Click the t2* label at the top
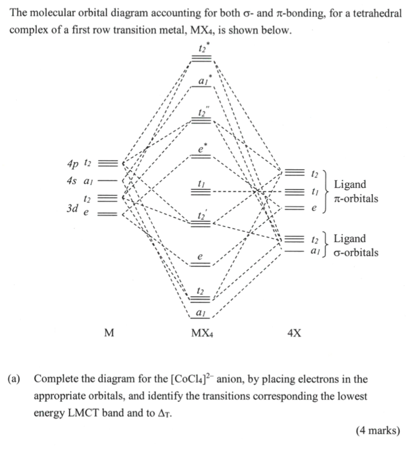[202, 47]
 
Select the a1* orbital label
[203, 80]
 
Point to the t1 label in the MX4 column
[201, 184]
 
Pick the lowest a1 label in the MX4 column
[201, 313]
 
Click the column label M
[109, 333]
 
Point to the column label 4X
[294, 333]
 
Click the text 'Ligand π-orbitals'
[356, 192]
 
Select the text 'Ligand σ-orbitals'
[356, 246]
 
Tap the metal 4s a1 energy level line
[105, 181]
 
